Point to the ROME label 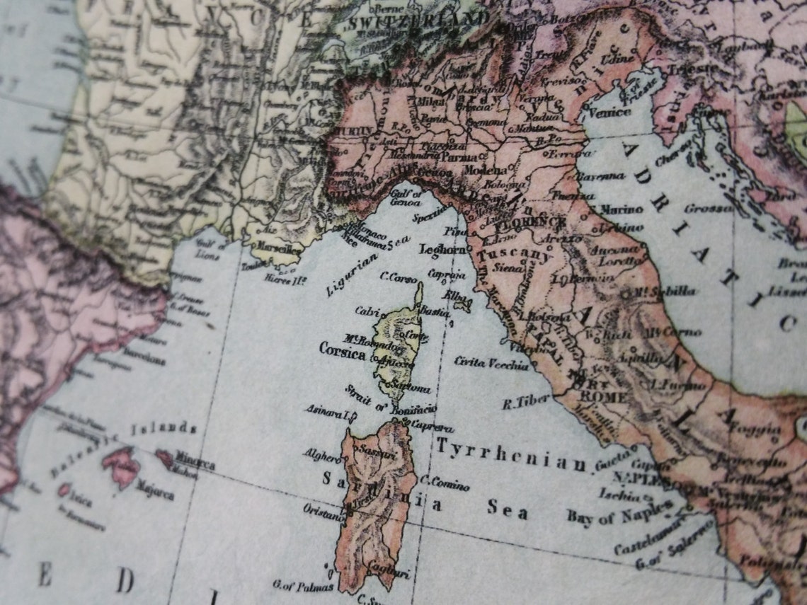(602, 397)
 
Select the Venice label (608, 112)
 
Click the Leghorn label (442, 250)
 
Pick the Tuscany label (514, 255)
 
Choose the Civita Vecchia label (491, 364)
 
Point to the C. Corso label (399, 278)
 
